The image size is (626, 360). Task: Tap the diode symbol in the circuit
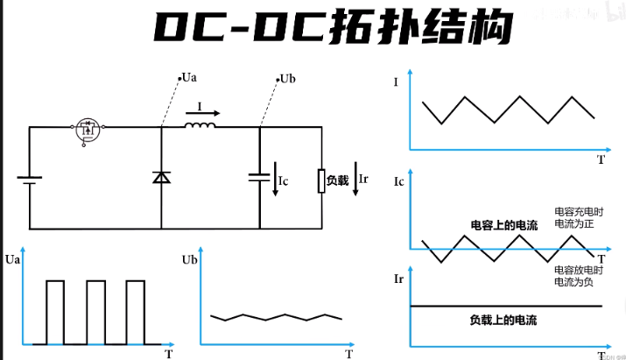pyautogui.click(x=162, y=177)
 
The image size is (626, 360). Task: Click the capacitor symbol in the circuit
pyautogui.click(x=260, y=177)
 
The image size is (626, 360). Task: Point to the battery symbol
pyautogui.click(x=31, y=180)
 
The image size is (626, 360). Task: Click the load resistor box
pyautogui.click(x=321, y=180)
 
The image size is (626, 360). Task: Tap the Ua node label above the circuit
pyautogui.click(x=186, y=78)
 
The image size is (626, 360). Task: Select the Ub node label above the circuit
pyautogui.click(x=286, y=79)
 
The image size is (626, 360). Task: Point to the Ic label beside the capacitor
pyautogui.click(x=283, y=181)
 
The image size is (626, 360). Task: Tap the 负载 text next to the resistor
pyautogui.click(x=337, y=180)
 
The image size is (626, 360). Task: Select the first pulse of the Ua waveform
pyautogui.click(x=55, y=311)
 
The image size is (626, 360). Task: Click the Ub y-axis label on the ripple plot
pyautogui.click(x=188, y=260)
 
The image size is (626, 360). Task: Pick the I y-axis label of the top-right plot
pyautogui.click(x=397, y=82)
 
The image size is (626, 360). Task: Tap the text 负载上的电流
pyautogui.click(x=503, y=320)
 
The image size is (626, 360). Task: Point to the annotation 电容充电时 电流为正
pyautogui.click(x=579, y=218)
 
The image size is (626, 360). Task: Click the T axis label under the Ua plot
pyautogui.click(x=168, y=354)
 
